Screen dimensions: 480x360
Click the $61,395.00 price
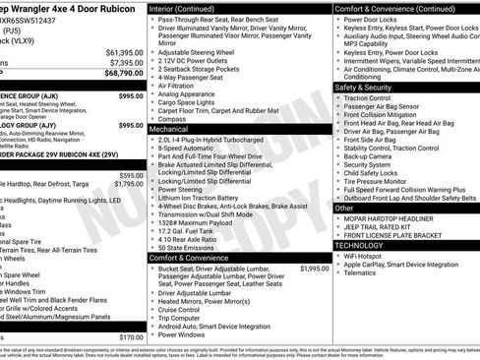pos(124,52)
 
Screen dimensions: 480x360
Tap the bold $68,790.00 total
pos(124,73)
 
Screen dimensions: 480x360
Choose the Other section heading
pos(345,208)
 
